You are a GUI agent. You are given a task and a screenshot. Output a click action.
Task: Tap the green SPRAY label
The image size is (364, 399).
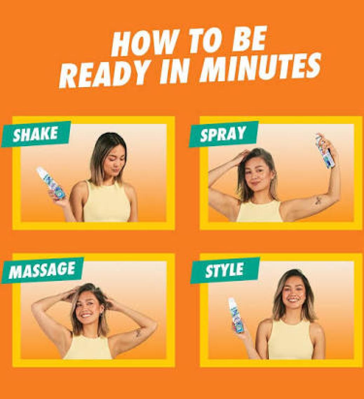click(x=223, y=134)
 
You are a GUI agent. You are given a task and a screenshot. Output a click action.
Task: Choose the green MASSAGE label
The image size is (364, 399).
click(x=42, y=270)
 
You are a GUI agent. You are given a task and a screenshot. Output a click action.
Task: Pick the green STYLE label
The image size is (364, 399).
click(x=225, y=270)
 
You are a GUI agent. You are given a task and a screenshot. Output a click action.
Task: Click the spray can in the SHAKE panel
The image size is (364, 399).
click(x=51, y=183)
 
